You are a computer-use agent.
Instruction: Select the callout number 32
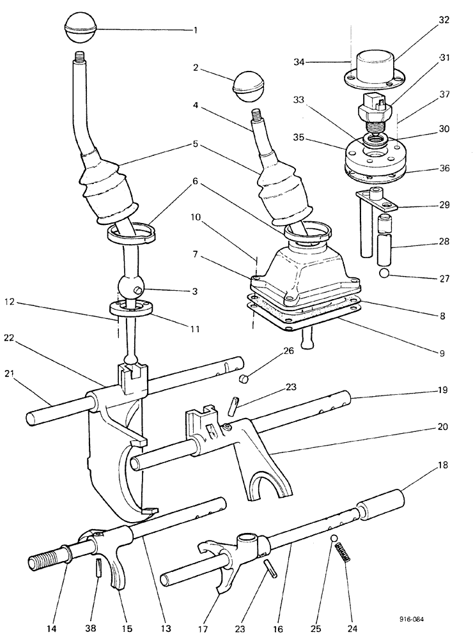tap(444, 20)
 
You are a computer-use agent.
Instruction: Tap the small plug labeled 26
tap(242, 380)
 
